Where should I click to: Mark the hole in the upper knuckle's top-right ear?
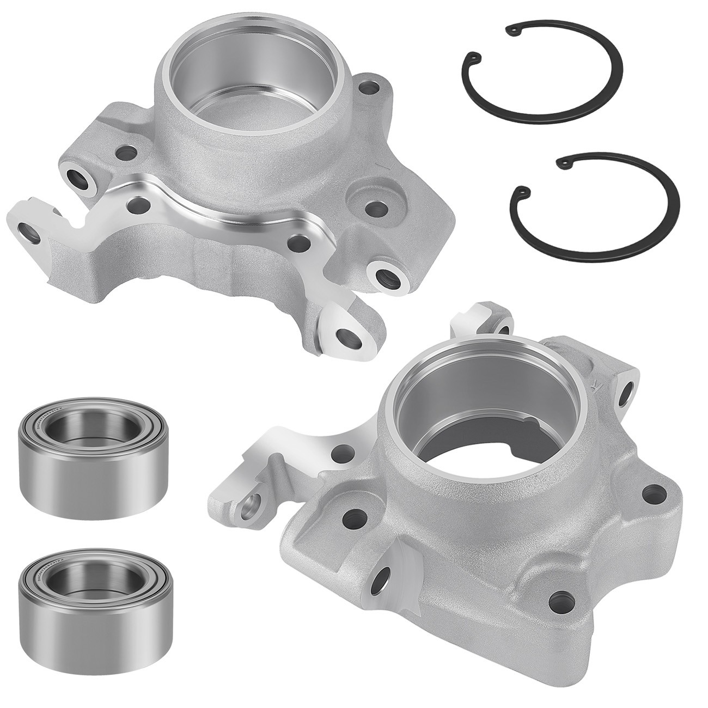[x=373, y=87]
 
